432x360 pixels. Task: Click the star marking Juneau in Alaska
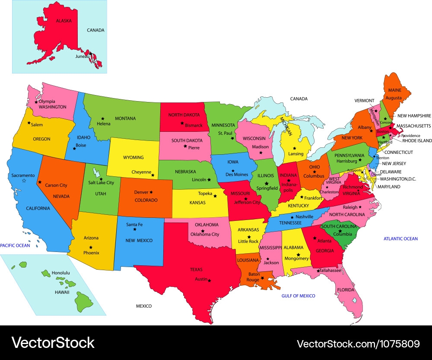(x=91, y=54)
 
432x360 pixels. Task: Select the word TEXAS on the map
(x=196, y=269)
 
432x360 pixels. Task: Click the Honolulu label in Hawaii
(x=60, y=273)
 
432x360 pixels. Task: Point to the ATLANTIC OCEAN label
(x=400, y=239)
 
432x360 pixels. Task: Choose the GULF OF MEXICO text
(x=298, y=296)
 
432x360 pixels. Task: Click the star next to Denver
(x=151, y=192)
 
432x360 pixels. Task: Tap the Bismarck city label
(x=194, y=125)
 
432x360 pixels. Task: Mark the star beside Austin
(x=210, y=280)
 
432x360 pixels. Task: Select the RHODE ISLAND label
(x=417, y=141)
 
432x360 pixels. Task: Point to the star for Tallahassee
(x=318, y=271)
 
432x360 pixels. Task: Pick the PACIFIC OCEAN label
(x=15, y=245)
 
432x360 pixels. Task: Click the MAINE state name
(x=394, y=91)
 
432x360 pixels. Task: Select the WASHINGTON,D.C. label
(x=398, y=178)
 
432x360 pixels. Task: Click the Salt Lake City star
(x=101, y=179)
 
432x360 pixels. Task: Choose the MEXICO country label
(x=144, y=306)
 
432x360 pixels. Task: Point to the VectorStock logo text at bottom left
(x=53, y=343)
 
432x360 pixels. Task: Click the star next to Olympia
(x=36, y=102)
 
